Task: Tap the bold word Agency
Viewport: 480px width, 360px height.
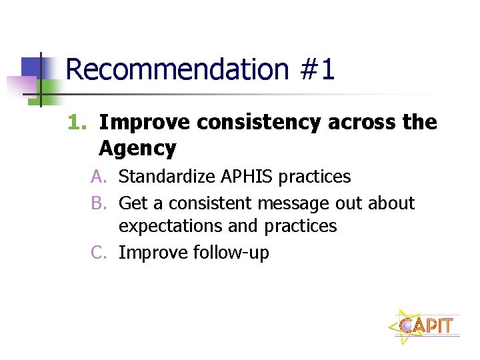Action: pos(137,148)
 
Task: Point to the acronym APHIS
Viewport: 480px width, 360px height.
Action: pos(241,177)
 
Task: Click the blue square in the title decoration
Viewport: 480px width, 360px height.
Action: pos(33,67)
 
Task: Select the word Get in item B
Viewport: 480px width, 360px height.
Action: pos(133,203)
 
